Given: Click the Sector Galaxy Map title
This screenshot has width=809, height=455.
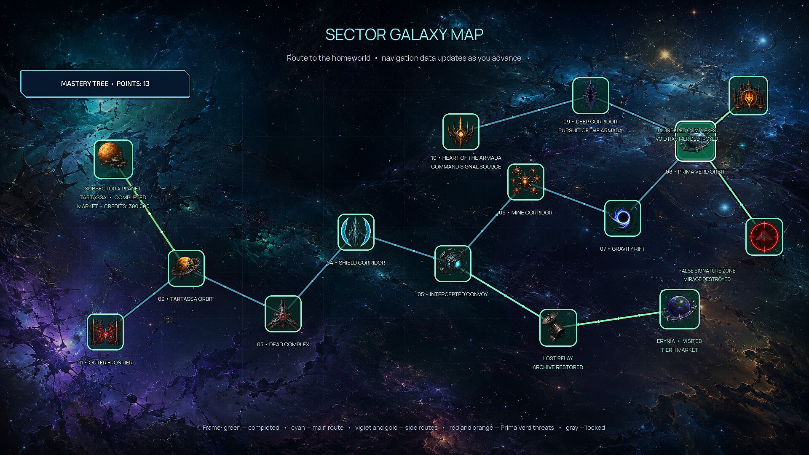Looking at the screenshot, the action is coord(404,35).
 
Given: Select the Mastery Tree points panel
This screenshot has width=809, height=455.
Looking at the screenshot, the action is coord(105,84).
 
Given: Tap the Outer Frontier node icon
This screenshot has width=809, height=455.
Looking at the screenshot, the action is coord(105,332).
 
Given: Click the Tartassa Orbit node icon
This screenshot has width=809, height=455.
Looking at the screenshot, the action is coord(186,268).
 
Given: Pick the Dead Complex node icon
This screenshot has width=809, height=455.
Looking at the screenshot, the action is coord(283,314).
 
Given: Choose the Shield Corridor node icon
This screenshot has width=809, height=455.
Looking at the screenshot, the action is coord(356,232).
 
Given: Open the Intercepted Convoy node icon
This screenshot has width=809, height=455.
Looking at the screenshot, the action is coord(453,264).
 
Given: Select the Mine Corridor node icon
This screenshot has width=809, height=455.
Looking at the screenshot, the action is coord(526,182).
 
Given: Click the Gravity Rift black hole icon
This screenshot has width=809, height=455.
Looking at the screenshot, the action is coord(623,218).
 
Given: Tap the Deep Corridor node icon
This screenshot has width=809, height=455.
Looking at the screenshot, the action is coord(591,96).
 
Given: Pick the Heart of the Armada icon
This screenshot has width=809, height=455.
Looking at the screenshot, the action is coord(461,132).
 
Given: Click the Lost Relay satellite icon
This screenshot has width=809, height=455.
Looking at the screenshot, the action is coord(558,328).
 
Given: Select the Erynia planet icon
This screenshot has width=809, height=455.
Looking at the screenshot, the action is coord(680,309).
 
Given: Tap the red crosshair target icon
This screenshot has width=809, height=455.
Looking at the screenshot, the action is coord(764,237).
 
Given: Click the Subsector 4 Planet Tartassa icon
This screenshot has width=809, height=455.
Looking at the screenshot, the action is coord(113,159).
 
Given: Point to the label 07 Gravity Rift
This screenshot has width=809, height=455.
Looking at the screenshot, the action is coord(622,249).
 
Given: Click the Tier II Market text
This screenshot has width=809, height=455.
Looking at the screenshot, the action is coord(680,350).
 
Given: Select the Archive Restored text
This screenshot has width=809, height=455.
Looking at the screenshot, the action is coord(558,367).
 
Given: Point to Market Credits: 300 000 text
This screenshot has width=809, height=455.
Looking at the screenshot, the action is coord(113,206).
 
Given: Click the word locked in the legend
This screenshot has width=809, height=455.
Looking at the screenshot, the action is coord(595,428).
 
